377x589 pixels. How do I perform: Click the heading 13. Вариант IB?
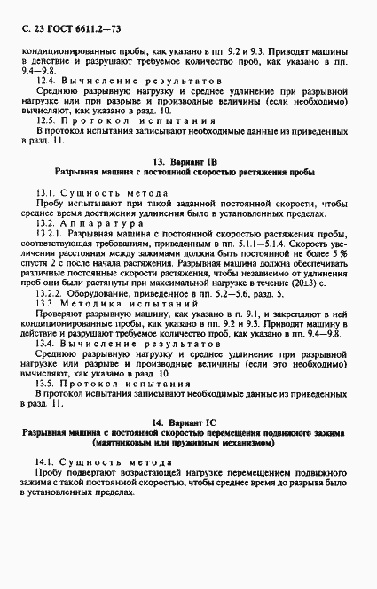pyautogui.click(x=188, y=162)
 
